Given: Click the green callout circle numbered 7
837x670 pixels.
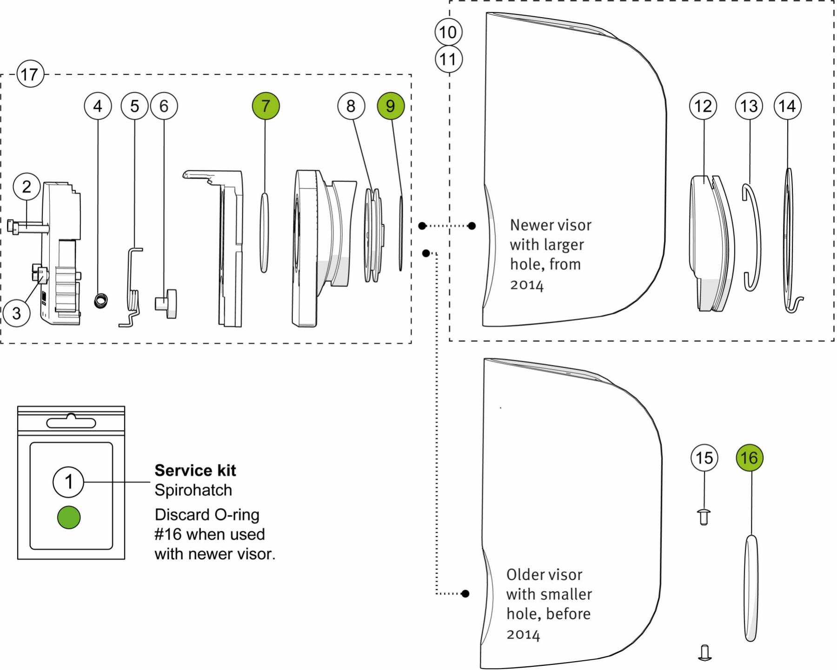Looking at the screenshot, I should [266, 106].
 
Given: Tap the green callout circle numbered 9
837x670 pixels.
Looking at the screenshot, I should [391, 106].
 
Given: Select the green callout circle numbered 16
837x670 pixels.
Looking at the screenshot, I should [750, 458].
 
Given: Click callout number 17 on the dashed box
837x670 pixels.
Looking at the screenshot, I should [30, 74].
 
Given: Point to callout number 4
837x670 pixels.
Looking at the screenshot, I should [98, 106].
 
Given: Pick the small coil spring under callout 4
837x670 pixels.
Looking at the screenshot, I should [101, 300].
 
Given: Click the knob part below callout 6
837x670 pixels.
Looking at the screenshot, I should [166, 303].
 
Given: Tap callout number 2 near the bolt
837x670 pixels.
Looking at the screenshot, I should [27, 187].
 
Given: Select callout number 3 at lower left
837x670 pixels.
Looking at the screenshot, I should [16, 313].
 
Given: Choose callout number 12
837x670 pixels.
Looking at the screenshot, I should [703, 106].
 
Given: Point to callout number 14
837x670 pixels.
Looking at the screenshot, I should [787, 106].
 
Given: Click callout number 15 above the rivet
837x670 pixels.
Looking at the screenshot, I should [704, 458].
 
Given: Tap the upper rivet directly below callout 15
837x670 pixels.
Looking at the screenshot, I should [704, 517].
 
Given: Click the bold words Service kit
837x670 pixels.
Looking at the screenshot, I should [195, 471].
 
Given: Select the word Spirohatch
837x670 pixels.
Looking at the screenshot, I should [193, 490].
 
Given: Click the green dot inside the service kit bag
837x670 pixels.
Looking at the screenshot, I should [69, 517].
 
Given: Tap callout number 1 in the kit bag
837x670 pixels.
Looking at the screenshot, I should [69, 481].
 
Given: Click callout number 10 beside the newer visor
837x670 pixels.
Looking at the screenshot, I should [448, 32].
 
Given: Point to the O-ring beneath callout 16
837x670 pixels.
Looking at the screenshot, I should [751, 588].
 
